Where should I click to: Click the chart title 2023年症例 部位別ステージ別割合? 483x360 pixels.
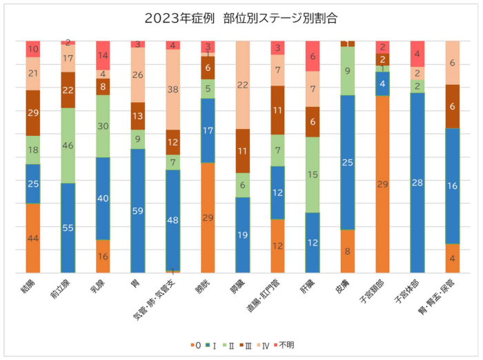point(241,18)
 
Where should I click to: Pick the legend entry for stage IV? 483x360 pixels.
point(266,343)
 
